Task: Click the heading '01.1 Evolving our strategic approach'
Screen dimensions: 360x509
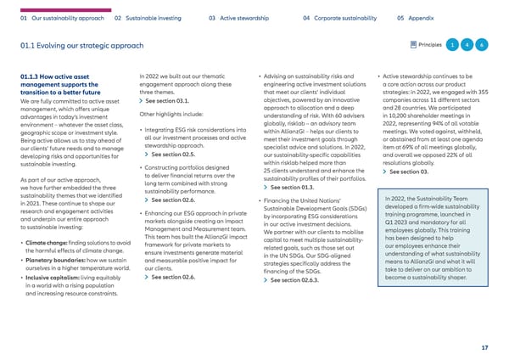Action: click(84, 44)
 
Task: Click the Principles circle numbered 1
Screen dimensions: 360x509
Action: click(453, 44)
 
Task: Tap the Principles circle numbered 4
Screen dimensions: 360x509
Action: click(467, 44)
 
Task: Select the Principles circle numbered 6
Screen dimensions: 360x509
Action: click(481, 44)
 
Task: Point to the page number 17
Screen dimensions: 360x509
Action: click(483, 347)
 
